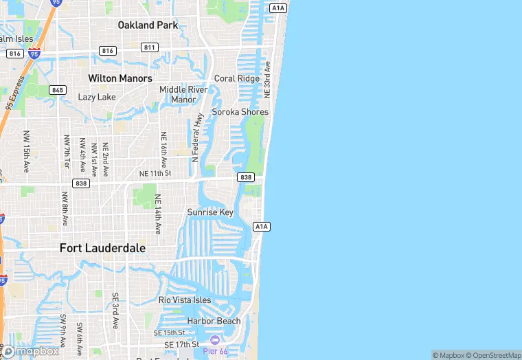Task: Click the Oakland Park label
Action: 148,25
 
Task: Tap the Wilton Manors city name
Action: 120,78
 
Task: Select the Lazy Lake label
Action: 97,97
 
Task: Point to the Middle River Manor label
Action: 183,94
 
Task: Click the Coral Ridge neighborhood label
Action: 237,78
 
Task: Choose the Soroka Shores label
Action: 240,112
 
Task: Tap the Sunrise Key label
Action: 210,212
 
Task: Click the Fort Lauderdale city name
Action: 102,248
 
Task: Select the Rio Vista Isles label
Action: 185,300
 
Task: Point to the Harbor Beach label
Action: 214,321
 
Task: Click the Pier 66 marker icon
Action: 215,340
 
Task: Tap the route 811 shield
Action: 150,47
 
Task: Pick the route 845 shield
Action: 58,90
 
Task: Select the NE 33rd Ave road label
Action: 268,79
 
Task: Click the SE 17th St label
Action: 181,344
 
